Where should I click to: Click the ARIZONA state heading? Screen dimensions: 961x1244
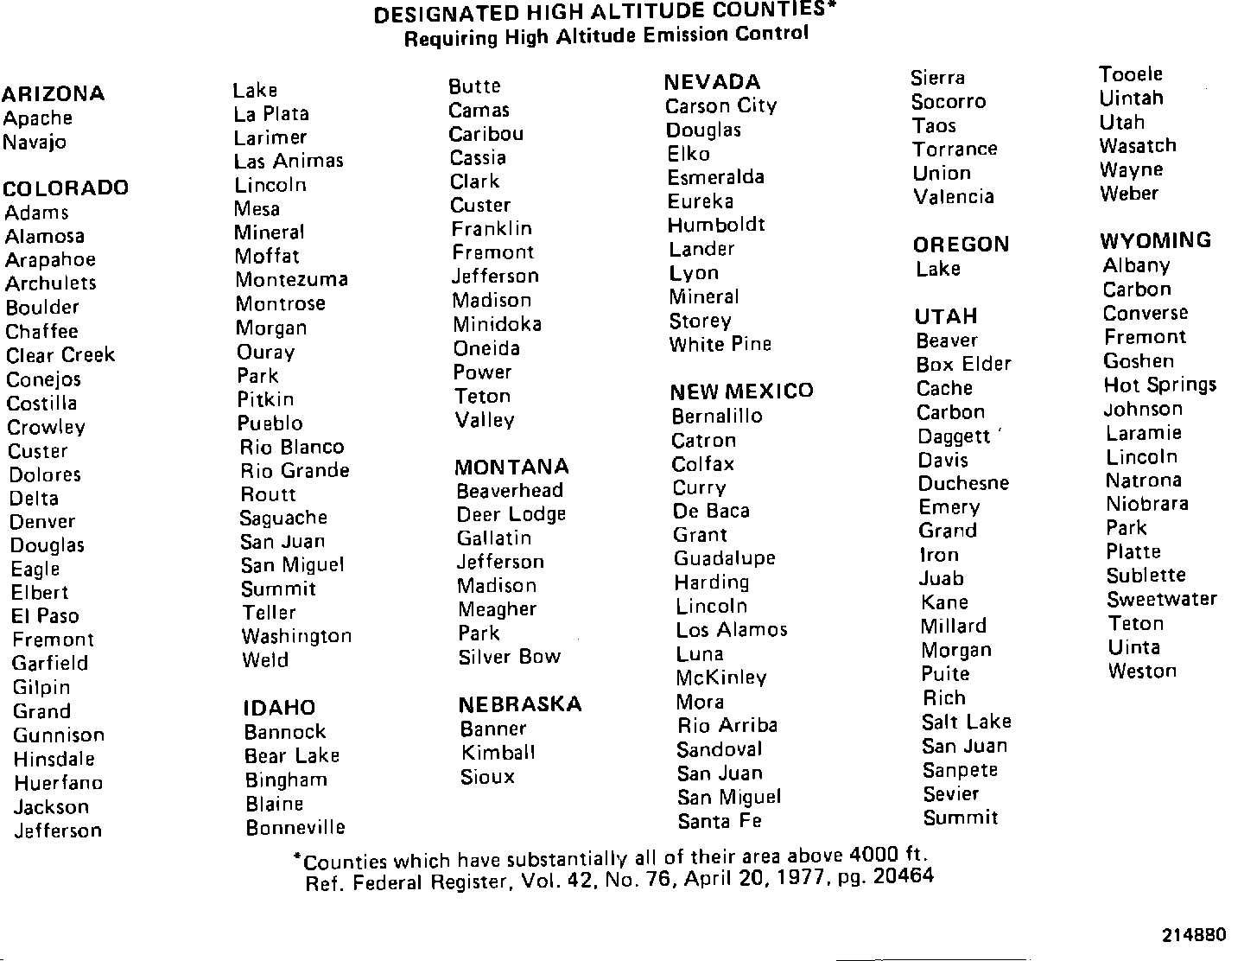[54, 93]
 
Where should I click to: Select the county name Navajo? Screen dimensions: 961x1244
[35, 143]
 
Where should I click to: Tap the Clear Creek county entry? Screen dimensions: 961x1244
[60, 355]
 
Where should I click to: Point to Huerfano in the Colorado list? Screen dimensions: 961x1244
[58, 783]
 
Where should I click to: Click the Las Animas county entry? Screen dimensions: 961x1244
[289, 162]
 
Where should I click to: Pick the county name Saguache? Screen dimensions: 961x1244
[283, 518]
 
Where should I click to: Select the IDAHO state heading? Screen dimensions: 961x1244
[279, 708]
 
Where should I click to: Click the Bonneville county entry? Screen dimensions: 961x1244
[295, 828]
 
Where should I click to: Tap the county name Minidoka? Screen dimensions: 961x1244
[498, 324]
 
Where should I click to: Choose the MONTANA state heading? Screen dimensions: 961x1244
[511, 468]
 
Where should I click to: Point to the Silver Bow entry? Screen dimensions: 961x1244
[510, 657]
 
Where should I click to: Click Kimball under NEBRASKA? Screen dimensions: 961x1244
[498, 753]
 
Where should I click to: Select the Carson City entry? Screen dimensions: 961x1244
[721, 106]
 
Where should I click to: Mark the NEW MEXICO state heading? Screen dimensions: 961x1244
[741, 391]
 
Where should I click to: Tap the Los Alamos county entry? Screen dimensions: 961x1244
[732, 630]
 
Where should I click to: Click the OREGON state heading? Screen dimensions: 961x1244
[961, 245]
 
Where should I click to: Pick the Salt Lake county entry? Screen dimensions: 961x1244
[966, 722]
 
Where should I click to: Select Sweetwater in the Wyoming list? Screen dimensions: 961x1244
[1161, 599]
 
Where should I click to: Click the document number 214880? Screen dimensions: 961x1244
[1194, 935]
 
